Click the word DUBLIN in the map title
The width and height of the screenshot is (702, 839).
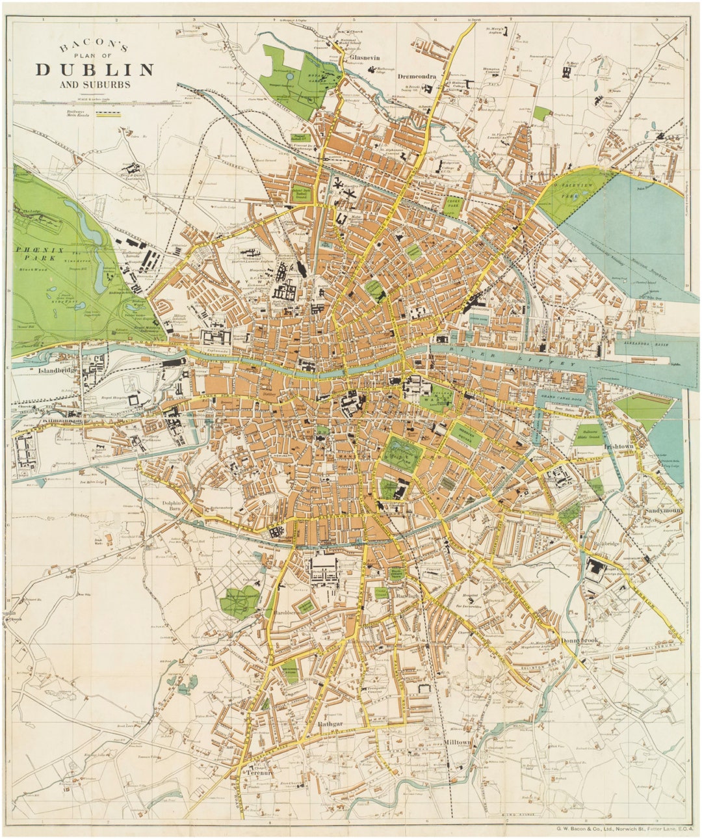pos(95,70)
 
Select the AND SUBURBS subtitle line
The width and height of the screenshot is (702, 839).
pos(95,85)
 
